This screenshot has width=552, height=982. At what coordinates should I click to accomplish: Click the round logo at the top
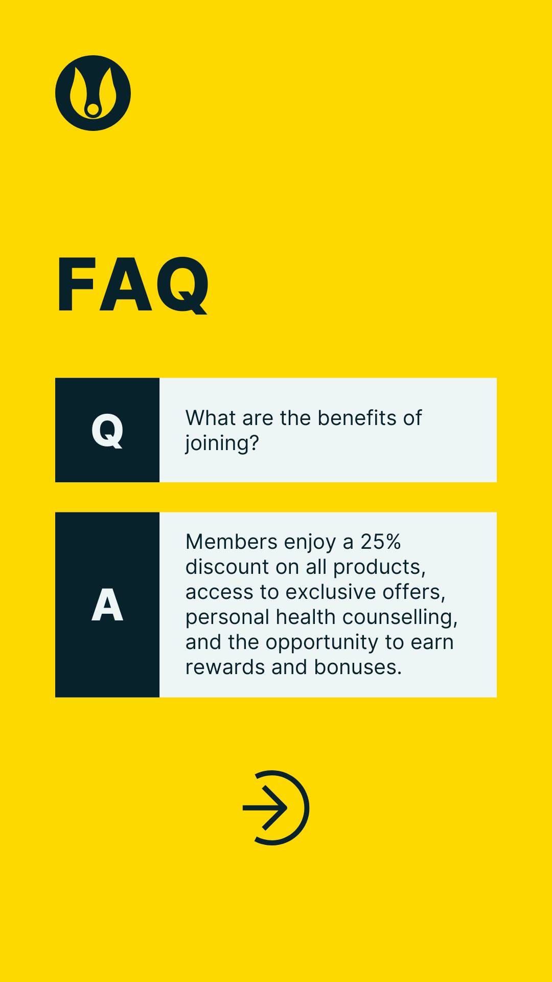tap(93, 93)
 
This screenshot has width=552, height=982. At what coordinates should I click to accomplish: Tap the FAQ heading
tap(133, 285)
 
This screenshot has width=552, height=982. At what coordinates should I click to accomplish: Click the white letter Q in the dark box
tap(107, 431)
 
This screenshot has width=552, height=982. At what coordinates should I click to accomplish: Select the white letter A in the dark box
tap(107, 605)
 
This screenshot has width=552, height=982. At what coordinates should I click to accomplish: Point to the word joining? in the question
tap(222, 443)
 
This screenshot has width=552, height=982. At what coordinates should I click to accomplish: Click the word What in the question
tap(210, 418)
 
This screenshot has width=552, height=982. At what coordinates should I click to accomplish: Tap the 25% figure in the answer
tap(381, 542)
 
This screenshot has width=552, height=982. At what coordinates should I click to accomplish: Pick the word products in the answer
tap(379, 568)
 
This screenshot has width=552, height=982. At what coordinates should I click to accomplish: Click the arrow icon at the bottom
tap(276, 808)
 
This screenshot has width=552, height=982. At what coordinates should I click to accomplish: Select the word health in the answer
tap(306, 617)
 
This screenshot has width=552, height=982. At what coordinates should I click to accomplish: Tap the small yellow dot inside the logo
tap(93, 109)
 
